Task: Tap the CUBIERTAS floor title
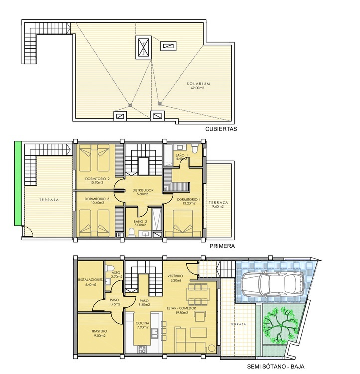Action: tap(221, 129)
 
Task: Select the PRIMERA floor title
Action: tap(222, 246)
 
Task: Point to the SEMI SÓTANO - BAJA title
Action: tap(276, 367)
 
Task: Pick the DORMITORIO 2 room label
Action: tap(97, 179)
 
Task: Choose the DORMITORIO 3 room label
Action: tap(97, 199)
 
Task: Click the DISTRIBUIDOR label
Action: tap(143, 190)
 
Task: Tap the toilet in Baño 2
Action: tap(132, 232)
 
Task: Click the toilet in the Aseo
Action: tap(110, 268)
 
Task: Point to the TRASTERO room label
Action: tap(99, 331)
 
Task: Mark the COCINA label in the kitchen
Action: tap(142, 323)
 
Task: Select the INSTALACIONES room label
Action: tap(90, 280)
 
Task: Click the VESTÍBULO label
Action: tap(175, 276)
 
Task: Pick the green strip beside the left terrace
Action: tap(18, 183)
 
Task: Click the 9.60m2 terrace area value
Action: tap(218, 207)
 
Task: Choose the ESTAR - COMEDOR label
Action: tap(181, 308)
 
